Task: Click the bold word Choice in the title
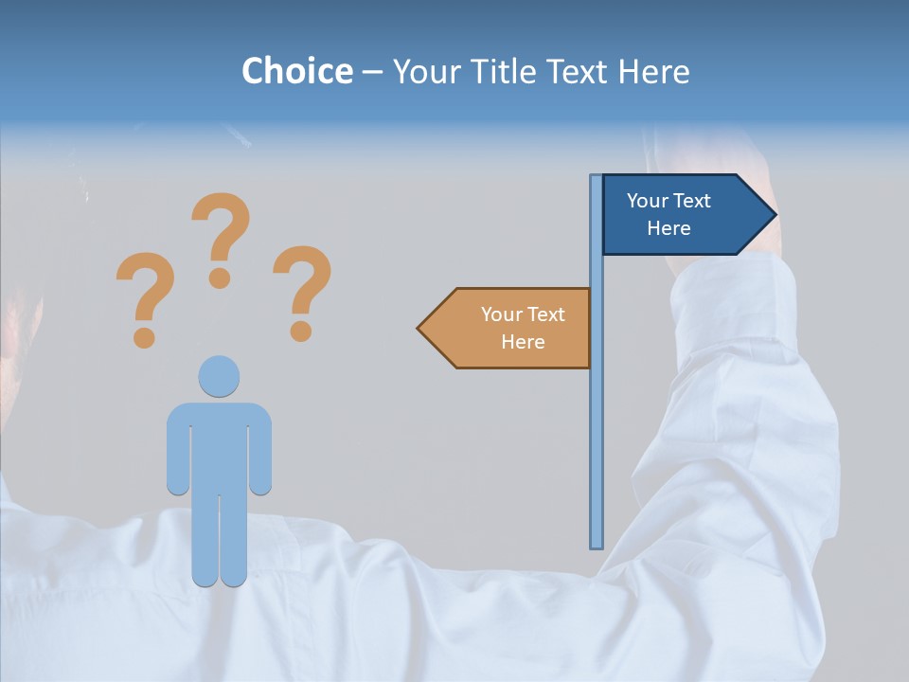tap(296, 71)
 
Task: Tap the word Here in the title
tap(653, 71)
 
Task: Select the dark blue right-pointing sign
tap(677, 215)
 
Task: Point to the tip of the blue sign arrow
tap(775, 215)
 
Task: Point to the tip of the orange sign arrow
tap(419, 328)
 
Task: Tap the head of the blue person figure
tap(219, 376)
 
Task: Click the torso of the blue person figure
tap(219, 445)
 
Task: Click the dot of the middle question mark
tap(220, 278)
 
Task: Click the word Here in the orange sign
tap(523, 342)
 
